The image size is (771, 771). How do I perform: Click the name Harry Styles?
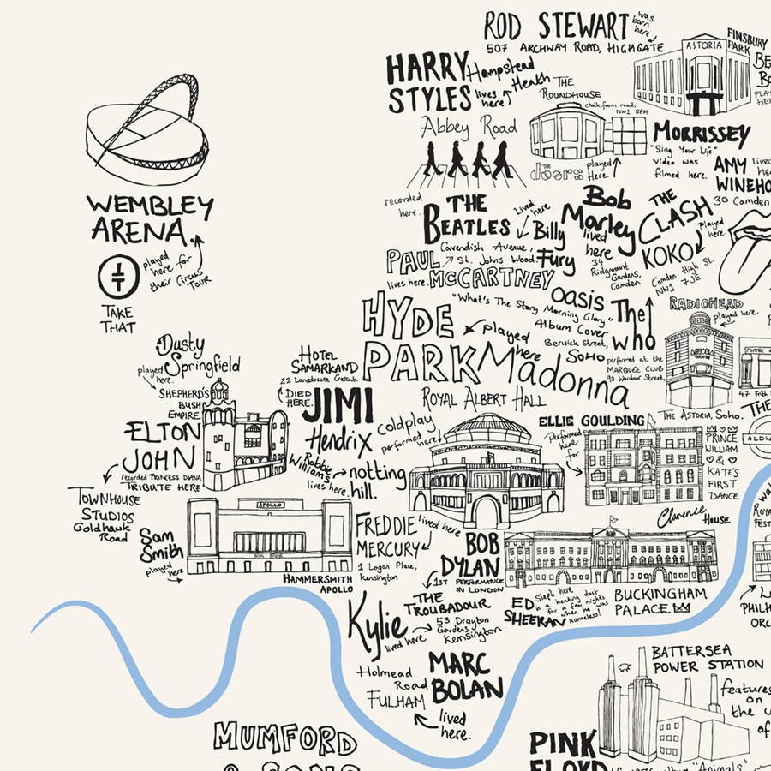click(429, 83)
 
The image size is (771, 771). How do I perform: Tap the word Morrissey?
click(702, 134)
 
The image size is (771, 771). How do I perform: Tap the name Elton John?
click(162, 445)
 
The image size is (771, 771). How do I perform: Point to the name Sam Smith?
click(161, 546)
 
